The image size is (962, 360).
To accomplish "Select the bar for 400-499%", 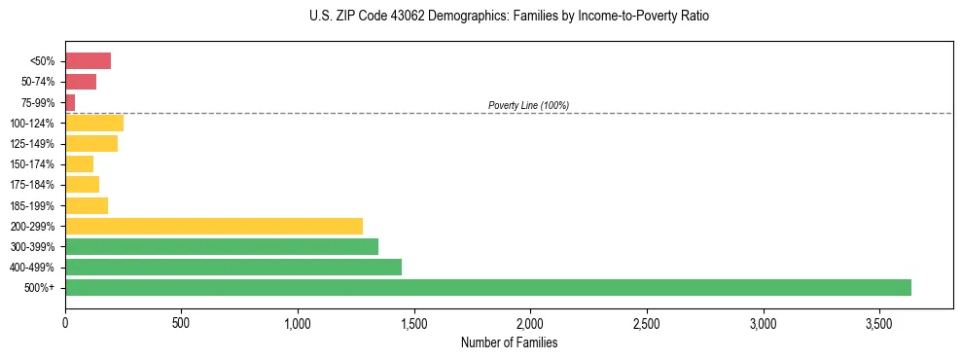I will [233, 267].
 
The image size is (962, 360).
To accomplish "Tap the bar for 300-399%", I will [222, 246].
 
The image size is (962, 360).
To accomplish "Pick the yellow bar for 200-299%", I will [214, 226].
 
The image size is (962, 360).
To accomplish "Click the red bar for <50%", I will [88, 61].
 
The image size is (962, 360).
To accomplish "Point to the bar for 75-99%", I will [70, 102].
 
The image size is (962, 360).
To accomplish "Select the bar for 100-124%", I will [94, 123].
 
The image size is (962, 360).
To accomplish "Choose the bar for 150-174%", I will [79, 164].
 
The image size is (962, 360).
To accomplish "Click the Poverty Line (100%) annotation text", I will [528, 105].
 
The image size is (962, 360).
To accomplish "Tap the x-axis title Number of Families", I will [509, 342].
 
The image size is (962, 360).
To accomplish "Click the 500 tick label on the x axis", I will [181, 322].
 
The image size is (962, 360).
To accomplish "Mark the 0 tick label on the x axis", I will [65, 322].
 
